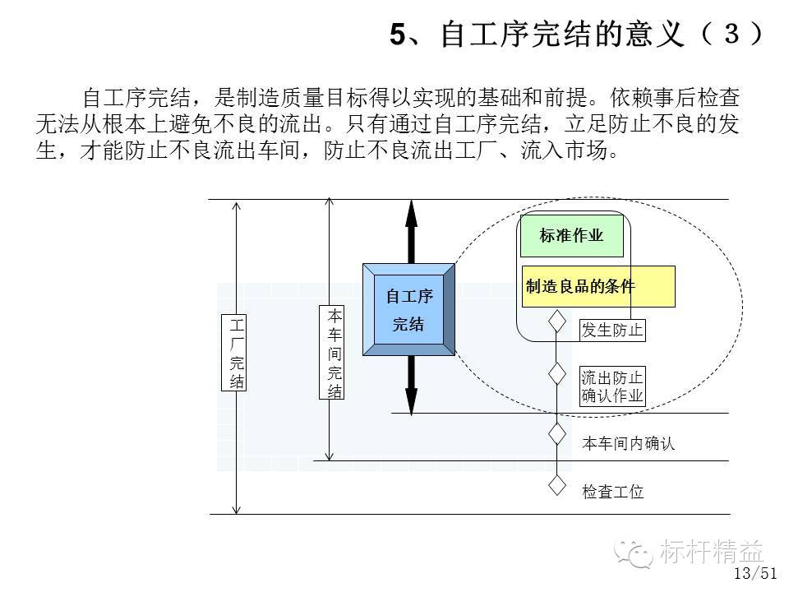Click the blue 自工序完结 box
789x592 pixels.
tap(408, 310)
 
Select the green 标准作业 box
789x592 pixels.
tap(572, 236)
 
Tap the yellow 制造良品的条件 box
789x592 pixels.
tap(598, 286)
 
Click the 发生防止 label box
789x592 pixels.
tap(611, 331)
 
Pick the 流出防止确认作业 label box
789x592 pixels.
tap(611, 386)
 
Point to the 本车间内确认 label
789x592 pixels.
tap(628, 443)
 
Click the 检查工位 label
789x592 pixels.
tap(612, 492)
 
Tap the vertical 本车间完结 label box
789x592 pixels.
tap(331, 353)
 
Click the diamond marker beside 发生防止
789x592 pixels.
tap(556, 321)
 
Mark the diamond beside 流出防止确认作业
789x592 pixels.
tap(556, 373)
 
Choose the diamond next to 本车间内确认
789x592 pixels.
tap(556, 434)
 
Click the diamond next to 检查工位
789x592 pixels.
tap(556, 485)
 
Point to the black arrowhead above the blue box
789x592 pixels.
tap(412, 214)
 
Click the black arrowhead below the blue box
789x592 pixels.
tap(412, 401)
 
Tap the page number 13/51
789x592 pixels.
tap(755, 573)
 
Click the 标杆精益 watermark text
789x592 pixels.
tap(712, 551)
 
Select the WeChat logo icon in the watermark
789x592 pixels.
tap(634, 553)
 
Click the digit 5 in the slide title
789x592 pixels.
tap(398, 35)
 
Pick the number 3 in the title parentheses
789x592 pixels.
tap(731, 34)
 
